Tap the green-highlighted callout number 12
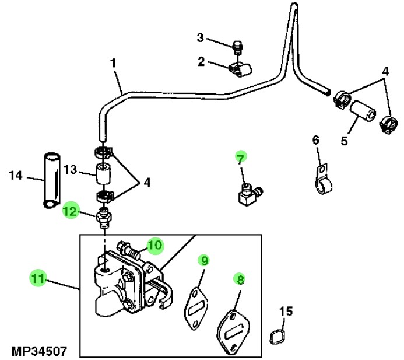[x=70, y=211]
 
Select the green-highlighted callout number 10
[x=154, y=246]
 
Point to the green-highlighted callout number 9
[x=203, y=260]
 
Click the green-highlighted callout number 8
[x=240, y=279]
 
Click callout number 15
[x=284, y=312]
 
